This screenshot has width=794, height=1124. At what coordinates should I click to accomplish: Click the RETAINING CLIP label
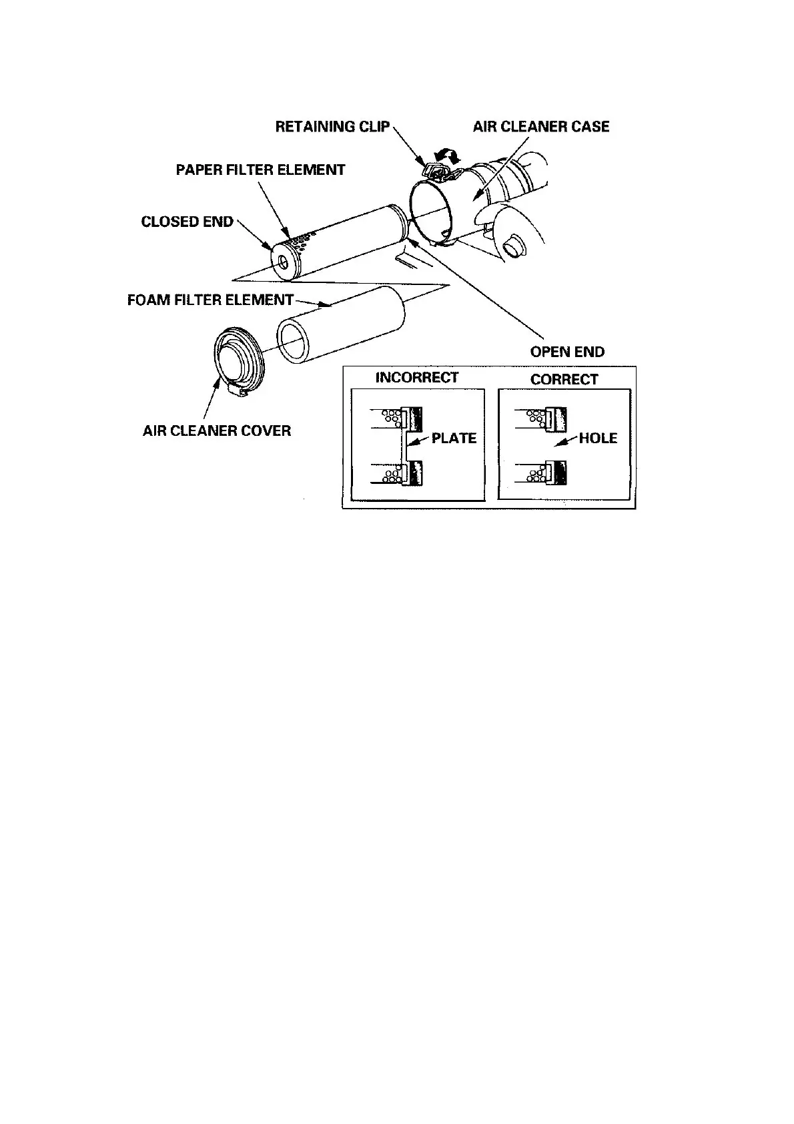click(332, 127)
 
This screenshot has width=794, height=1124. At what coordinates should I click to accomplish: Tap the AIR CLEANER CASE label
click(541, 127)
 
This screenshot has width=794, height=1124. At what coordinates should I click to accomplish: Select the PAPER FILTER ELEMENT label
click(260, 170)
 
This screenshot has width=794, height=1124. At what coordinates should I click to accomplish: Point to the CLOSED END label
click(187, 222)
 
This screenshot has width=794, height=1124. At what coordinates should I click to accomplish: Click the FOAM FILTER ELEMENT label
click(210, 300)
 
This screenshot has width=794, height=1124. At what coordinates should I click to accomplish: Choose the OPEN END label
click(567, 352)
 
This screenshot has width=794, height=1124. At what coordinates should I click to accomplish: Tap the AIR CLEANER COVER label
click(217, 431)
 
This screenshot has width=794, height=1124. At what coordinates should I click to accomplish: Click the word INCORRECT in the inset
click(417, 378)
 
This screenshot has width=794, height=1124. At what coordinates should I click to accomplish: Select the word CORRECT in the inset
click(564, 379)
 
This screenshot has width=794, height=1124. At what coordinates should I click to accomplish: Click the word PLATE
click(454, 439)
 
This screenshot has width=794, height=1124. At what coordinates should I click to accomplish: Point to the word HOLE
click(598, 439)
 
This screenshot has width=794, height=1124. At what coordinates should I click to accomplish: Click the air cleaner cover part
click(238, 360)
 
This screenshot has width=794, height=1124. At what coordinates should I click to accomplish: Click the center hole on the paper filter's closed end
click(283, 262)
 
